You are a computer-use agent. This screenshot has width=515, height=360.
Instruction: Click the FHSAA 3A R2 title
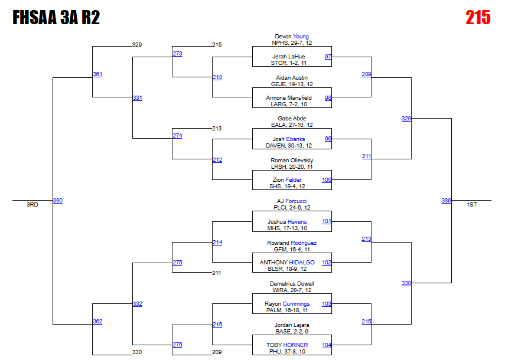pyautogui.click(x=56, y=18)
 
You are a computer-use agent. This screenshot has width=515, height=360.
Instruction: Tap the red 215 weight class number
pyautogui.click(x=478, y=18)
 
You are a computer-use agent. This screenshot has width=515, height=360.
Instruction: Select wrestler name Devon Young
pyautogui.click(x=292, y=37)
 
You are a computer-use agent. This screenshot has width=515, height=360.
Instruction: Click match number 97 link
pyautogui.click(x=328, y=57)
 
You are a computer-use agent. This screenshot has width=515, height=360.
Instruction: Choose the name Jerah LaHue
pyautogui.click(x=292, y=57)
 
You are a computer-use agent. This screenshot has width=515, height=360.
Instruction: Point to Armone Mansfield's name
pyautogui.click(x=292, y=98)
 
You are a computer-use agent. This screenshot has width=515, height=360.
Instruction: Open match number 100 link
pyautogui.click(x=327, y=180)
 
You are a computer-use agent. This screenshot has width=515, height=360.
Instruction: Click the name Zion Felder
pyautogui.click(x=292, y=180)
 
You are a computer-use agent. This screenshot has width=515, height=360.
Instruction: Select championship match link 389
pyautogui.click(x=446, y=201)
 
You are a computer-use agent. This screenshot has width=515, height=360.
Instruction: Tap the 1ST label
pyautogui.click(x=471, y=205)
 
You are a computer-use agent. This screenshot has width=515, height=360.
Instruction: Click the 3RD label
pyautogui.click(x=32, y=205)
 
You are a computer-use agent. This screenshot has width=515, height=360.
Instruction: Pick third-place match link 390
pyautogui.click(x=57, y=201)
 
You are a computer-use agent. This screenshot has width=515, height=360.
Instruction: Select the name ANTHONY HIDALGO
pyautogui.click(x=287, y=263)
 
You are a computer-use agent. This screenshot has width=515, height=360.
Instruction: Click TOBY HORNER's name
pyautogui.click(x=287, y=345)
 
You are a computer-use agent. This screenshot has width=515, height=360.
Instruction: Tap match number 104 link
pyautogui.click(x=327, y=345)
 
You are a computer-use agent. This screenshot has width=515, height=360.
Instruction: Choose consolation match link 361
pyautogui.click(x=97, y=74)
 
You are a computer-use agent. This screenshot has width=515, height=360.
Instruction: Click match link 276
pyautogui.click(x=177, y=345)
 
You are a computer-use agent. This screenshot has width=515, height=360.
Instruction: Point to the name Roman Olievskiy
pyautogui.click(x=292, y=161)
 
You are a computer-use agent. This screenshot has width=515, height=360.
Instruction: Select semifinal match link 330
pyautogui.click(x=406, y=283)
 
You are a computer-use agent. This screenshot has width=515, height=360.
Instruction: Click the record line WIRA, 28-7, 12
pyautogui.click(x=292, y=290)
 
